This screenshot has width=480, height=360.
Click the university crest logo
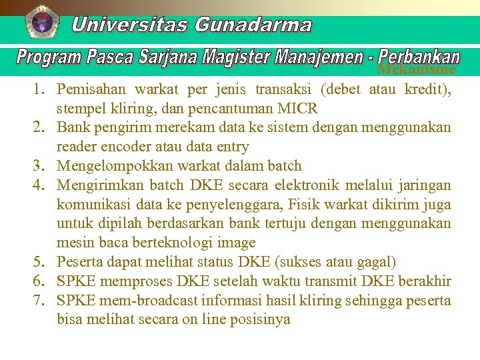[42, 22]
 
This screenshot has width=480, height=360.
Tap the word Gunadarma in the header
[253, 25]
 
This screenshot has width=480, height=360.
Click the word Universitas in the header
[130, 25]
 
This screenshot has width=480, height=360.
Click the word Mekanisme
[416, 70]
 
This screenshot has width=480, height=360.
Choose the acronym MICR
[297, 108]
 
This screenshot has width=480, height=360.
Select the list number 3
[40, 166]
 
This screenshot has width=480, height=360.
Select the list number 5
[40, 262]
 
